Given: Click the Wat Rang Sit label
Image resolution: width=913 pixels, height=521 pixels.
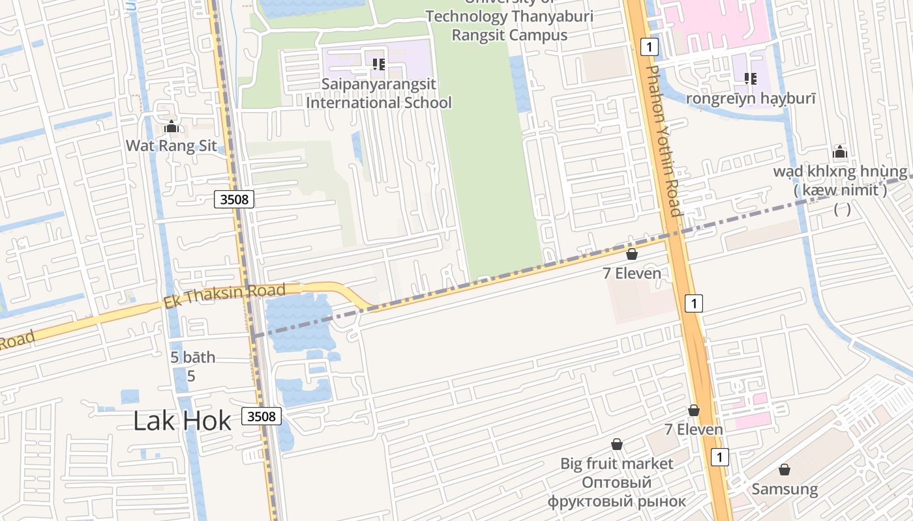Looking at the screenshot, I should (x=171, y=145).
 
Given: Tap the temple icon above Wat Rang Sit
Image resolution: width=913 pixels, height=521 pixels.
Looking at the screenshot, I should (x=172, y=126).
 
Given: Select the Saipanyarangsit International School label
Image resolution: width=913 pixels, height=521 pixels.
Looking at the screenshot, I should (x=379, y=94).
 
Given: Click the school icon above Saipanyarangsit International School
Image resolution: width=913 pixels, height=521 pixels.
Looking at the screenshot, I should (x=378, y=64).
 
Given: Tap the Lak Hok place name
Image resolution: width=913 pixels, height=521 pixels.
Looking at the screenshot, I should (x=182, y=421).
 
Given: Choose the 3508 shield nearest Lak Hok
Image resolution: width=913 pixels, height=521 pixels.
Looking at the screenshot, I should (x=262, y=415).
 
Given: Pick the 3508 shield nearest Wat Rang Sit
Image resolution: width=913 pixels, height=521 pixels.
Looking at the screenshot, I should (x=234, y=199).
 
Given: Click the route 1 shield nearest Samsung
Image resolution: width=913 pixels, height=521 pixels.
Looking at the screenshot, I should (x=719, y=457).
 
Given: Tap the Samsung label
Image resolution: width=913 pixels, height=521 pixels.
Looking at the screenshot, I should (x=785, y=489).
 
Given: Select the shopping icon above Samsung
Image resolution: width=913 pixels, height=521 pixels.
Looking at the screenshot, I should (x=785, y=470).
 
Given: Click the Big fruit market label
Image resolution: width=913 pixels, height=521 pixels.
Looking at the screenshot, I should (x=616, y=464).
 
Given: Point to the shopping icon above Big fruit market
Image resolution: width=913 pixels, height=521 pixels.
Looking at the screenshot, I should (x=616, y=444).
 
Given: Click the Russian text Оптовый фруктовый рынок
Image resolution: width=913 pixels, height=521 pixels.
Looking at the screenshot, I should (x=616, y=492).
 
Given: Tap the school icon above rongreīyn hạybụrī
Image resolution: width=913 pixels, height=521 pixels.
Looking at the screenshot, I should (x=751, y=79).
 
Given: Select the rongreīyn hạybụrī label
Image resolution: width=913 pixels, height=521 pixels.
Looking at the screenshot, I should (x=751, y=98).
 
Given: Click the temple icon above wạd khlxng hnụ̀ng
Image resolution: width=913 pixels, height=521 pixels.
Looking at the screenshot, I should (x=839, y=152).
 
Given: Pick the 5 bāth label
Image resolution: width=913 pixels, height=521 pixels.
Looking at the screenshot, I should (x=192, y=358).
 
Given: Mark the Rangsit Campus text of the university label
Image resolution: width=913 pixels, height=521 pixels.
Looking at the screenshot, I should (x=509, y=35).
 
